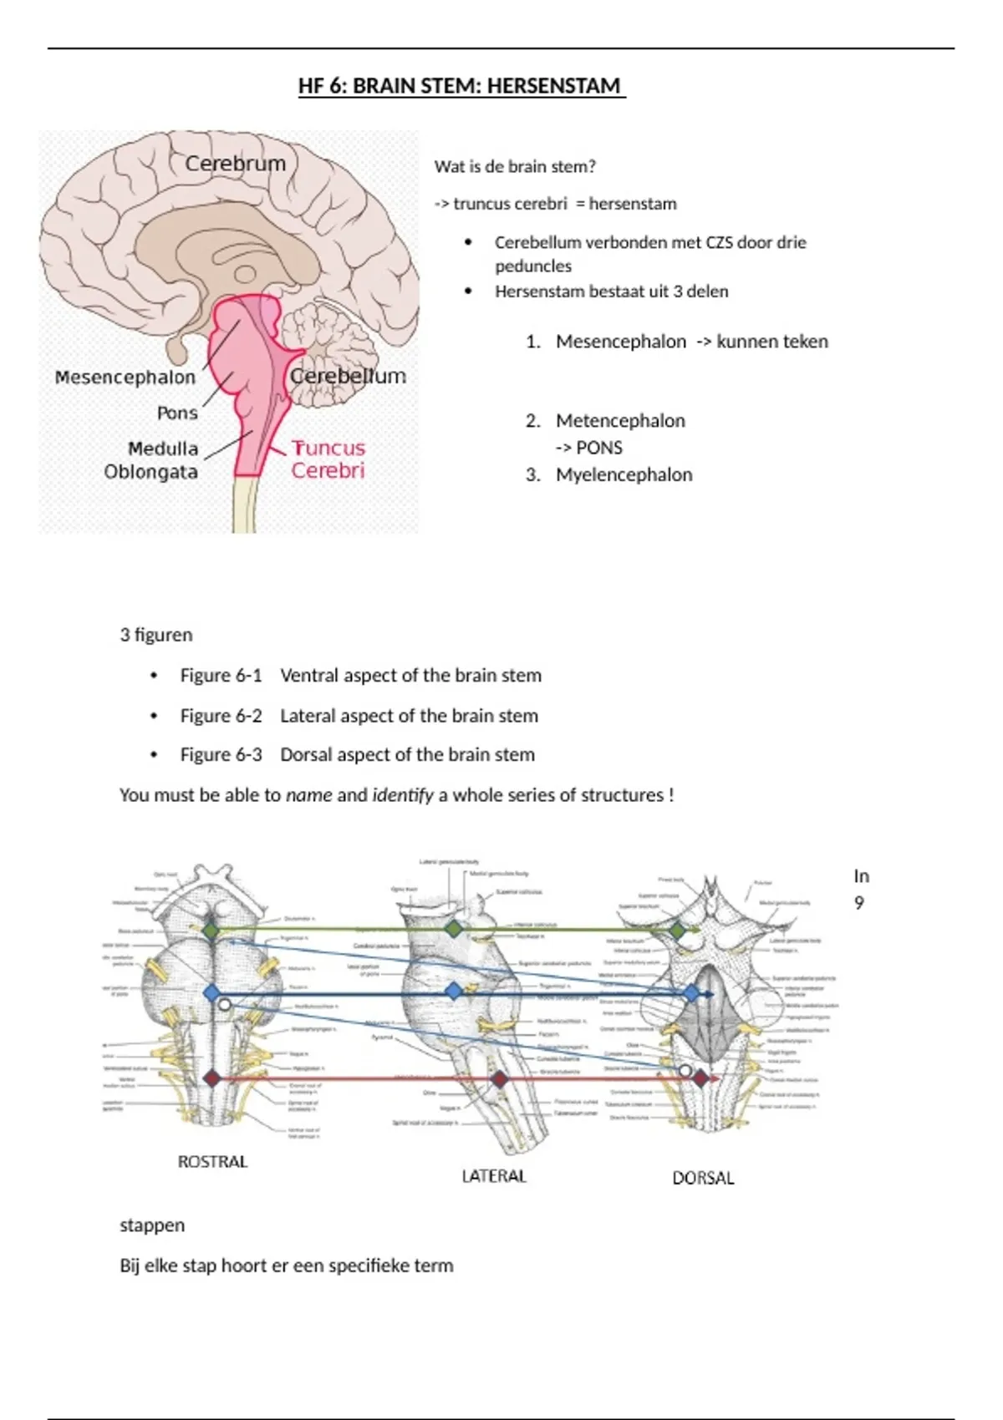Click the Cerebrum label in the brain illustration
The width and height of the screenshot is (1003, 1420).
tap(235, 163)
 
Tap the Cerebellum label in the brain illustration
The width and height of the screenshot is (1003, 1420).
tap(348, 376)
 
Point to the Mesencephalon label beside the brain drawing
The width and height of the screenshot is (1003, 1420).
tap(125, 377)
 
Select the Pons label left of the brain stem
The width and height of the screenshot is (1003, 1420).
tap(177, 413)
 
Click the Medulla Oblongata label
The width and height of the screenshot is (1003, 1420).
tap(152, 460)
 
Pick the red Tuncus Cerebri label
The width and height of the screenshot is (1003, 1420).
tap(328, 459)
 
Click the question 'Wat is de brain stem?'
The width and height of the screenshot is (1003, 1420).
tap(515, 166)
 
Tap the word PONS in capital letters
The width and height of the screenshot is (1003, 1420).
tap(599, 448)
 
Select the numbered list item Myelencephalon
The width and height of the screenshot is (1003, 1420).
tap(624, 474)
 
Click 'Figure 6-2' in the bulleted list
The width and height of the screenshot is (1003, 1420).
tap(221, 716)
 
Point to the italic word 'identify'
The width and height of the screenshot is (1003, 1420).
tap(403, 795)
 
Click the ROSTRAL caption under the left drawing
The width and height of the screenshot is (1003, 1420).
tap(212, 1162)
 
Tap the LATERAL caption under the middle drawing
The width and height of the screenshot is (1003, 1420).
tap(494, 1176)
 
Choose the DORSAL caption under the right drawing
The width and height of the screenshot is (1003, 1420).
tap(703, 1178)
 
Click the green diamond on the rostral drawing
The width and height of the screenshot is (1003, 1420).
tap(211, 930)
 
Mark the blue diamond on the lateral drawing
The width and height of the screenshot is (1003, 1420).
tap(453, 991)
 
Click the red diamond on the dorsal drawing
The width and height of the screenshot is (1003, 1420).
tap(700, 1078)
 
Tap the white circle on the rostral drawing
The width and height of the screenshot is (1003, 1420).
tap(224, 1006)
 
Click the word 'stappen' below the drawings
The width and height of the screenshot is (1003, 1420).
tap(152, 1225)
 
